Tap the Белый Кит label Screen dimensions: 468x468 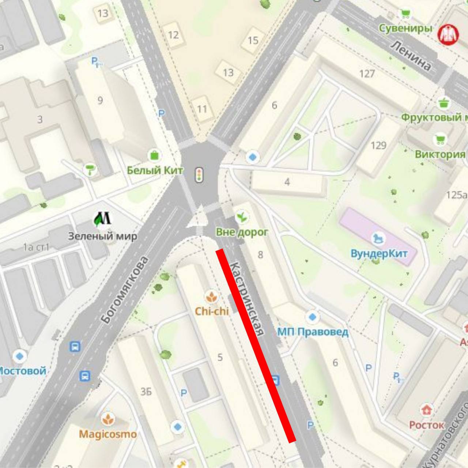[x=155, y=170]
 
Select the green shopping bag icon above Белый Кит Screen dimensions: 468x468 [x=155, y=155]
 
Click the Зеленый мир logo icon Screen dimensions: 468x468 [x=102, y=219]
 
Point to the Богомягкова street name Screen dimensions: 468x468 [x=125, y=290]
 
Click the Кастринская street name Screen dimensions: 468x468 [x=248, y=298]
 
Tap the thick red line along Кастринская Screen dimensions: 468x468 [x=256, y=346]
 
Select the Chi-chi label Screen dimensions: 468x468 [x=212, y=311]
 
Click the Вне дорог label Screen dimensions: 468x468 [x=242, y=232]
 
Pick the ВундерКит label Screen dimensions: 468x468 [x=379, y=253]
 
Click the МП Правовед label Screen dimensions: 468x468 [x=312, y=332]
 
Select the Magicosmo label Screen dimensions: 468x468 [x=108, y=434]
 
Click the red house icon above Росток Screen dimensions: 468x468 [x=426, y=410]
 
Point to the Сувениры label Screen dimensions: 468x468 [x=405, y=28]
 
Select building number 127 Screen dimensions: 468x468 [x=367, y=74]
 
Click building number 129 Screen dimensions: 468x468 [x=378, y=146]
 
